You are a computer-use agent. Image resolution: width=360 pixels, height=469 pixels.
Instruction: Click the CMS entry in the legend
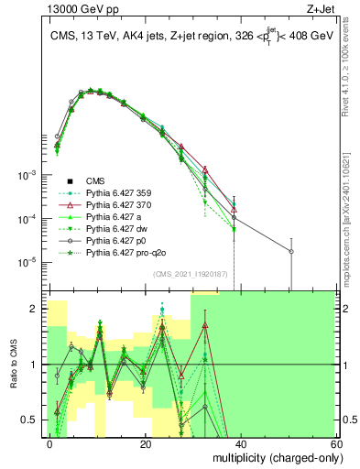click(x=96, y=181)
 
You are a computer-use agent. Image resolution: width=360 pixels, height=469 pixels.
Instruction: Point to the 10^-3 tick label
click(x=29, y=174)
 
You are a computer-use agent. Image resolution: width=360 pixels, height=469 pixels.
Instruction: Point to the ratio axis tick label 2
click(x=38, y=310)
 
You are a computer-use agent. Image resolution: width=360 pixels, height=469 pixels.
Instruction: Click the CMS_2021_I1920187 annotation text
click(x=191, y=275)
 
